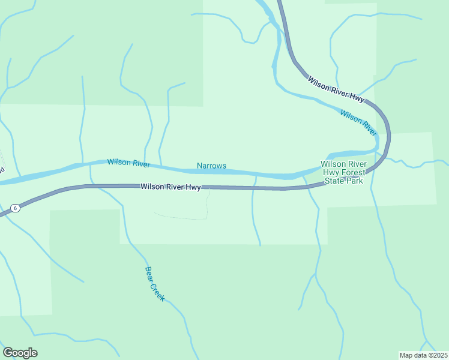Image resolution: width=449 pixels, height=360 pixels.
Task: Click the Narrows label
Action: pyautogui.click(x=211, y=166)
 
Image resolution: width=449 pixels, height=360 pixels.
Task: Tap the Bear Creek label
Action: pyautogui.click(x=154, y=284)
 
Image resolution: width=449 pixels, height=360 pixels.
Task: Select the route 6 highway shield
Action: pyautogui.click(x=16, y=208)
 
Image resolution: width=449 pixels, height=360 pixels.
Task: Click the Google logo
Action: pyautogui.click(x=20, y=353)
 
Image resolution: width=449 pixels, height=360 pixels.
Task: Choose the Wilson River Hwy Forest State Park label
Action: pyautogui.click(x=343, y=172)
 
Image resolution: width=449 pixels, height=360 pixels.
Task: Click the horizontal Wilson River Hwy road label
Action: pyautogui.click(x=170, y=187)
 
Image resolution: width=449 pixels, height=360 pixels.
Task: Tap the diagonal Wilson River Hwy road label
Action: pyautogui.click(x=336, y=91)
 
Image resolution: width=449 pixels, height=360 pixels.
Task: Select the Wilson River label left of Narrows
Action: pyautogui.click(x=127, y=163)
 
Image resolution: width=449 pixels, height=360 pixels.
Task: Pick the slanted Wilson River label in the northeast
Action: pyautogui.click(x=358, y=122)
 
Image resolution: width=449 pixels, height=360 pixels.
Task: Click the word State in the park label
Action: pyautogui.click(x=335, y=181)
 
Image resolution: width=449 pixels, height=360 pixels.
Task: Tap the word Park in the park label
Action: pyautogui.click(x=355, y=181)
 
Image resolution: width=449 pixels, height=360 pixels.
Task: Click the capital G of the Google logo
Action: pyautogui.click(x=8, y=352)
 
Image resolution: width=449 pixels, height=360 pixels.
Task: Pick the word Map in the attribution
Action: pyautogui.click(x=406, y=355)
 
